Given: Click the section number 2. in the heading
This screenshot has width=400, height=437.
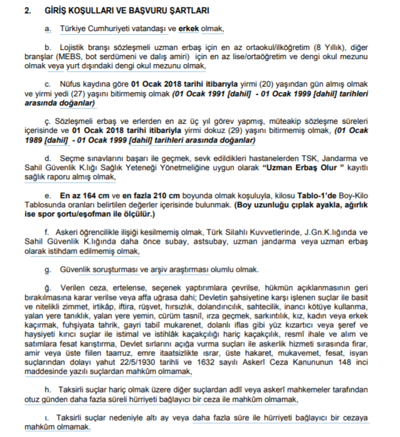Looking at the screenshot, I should tap(27, 10).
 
